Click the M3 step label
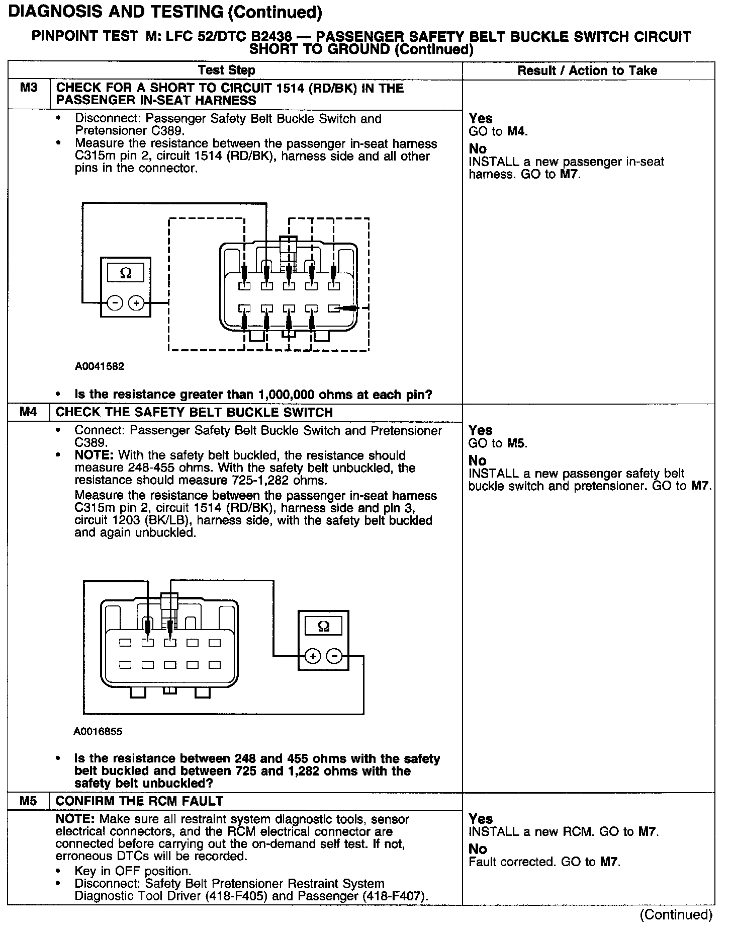[29, 88]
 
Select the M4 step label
[29, 412]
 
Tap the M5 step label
[29, 801]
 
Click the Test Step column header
[226, 70]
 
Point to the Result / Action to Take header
[587, 70]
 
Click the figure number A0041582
[100, 366]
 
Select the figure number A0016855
[98, 731]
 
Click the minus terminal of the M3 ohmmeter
[115, 303]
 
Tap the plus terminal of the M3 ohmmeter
[136, 303]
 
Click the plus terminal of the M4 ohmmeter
[313, 656]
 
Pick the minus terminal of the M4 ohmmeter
[334, 656]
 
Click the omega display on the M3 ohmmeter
[126, 273]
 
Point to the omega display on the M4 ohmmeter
[324, 627]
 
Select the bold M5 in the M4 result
[516, 443]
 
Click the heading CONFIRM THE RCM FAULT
[139, 801]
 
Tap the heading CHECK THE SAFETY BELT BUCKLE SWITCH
[194, 412]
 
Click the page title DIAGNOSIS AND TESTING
[165, 12]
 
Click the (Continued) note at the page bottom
[676, 914]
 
